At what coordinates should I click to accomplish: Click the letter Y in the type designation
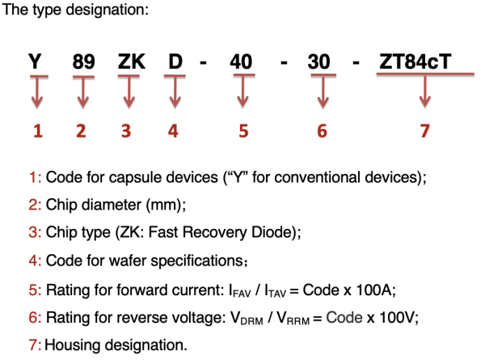pos(35,61)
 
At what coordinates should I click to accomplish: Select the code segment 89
pos(81,61)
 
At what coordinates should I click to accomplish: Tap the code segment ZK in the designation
pos(129,61)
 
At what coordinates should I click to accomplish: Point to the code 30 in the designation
pos(323,61)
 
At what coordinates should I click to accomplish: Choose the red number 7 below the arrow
pos(425,132)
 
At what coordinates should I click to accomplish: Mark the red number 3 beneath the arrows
pos(126,132)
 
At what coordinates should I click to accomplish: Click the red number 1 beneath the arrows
pos(36,132)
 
